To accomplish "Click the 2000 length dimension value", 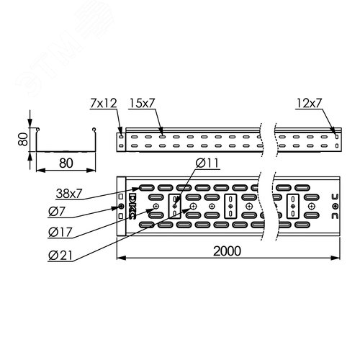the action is coord(227,251).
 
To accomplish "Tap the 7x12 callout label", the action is coord(104,103).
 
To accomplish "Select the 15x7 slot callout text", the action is coord(142,103).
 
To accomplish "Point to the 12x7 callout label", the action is coord(309,103).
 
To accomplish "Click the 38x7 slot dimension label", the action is coord(69,194).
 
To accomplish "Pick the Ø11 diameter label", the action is coord(207,163).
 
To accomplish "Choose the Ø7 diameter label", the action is coord(57,212).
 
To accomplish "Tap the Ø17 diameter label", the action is coord(60,232).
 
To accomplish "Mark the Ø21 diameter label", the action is coord(60,256).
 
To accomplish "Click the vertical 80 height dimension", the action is coord(23,140).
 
